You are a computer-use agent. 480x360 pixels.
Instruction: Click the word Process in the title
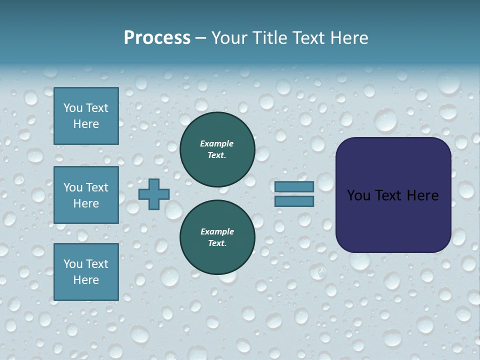tap(157, 38)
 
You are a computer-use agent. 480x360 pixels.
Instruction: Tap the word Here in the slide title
tap(348, 38)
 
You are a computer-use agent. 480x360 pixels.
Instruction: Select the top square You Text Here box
tap(86, 116)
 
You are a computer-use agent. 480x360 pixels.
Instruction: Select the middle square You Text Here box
tap(86, 195)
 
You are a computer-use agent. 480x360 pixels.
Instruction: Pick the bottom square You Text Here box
tap(86, 271)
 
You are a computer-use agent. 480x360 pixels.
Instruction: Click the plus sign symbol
tap(154, 194)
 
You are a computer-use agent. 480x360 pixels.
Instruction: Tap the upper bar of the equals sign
tap(294, 186)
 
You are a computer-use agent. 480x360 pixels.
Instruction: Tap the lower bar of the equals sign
tap(294, 201)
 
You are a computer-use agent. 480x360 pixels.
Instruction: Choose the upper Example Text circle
tap(217, 149)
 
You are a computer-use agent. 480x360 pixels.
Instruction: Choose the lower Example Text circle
tap(217, 237)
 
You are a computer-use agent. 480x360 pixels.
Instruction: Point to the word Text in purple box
tap(393, 195)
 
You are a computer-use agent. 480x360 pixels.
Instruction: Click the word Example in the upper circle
tap(217, 143)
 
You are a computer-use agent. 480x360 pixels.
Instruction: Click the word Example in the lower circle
tap(217, 231)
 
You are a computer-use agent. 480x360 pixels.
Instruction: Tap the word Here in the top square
tap(86, 124)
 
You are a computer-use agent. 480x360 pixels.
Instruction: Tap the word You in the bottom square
tap(73, 263)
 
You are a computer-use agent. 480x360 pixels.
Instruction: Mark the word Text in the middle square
tap(96, 187)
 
